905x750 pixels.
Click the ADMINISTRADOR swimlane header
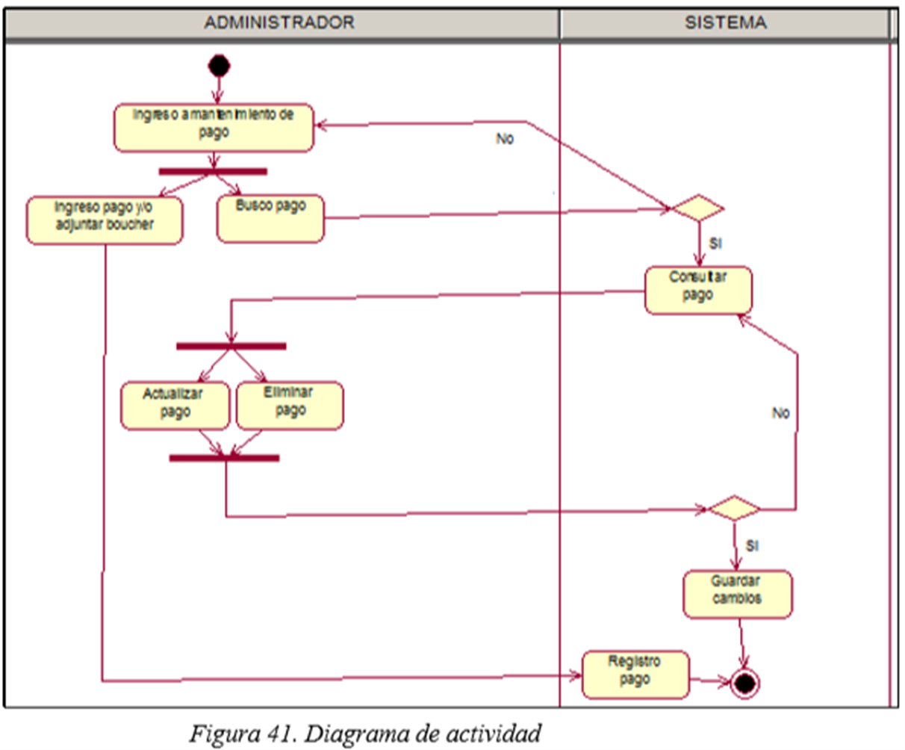(x=279, y=22)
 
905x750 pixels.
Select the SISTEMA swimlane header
(x=725, y=22)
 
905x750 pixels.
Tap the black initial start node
(x=218, y=66)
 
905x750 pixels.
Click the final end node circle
(x=744, y=683)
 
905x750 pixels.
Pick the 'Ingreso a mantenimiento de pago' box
(x=214, y=128)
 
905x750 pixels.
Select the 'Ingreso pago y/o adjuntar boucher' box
(x=105, y=220)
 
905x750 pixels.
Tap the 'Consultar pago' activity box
(x=698, y=291)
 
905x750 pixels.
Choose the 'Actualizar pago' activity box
(x=175, y=406)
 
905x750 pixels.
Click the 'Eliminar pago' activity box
(x=290, y=406)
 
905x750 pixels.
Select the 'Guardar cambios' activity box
(x=737, y=595)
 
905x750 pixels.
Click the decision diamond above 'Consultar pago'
(x=697, y=208)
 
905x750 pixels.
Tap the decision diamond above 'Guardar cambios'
(x=733, y=509)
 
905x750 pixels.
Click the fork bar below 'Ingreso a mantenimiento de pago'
(x=213, y=172)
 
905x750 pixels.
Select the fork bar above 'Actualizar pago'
(x=231, y=346)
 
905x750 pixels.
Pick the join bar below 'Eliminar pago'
(x=224, y=458)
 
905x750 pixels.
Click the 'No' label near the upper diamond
(x=505, y=139)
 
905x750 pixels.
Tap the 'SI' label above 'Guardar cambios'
(x=752, y=546)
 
